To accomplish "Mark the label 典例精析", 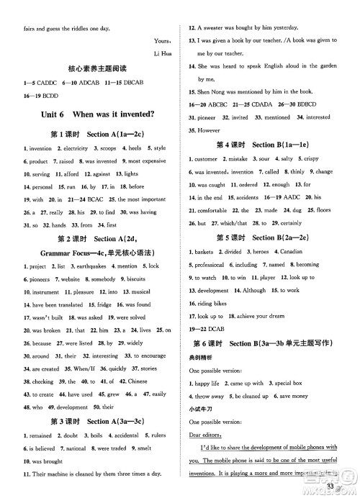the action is point(202,356).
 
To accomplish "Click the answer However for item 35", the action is point(209,130).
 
